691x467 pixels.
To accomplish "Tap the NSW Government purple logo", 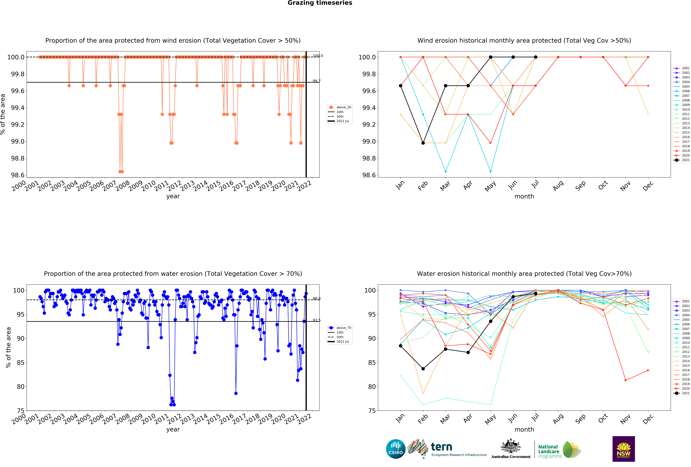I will (x=624, y=449).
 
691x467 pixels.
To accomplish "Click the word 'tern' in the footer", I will (x=442, y=447).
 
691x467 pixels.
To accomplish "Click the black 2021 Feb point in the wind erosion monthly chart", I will (x=423, y=143).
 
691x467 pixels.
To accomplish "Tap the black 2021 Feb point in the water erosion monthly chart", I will (x=423, y=369).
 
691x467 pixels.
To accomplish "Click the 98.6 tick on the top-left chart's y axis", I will (x=18, y=175).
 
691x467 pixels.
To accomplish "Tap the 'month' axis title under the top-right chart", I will (x=524, y=196).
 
